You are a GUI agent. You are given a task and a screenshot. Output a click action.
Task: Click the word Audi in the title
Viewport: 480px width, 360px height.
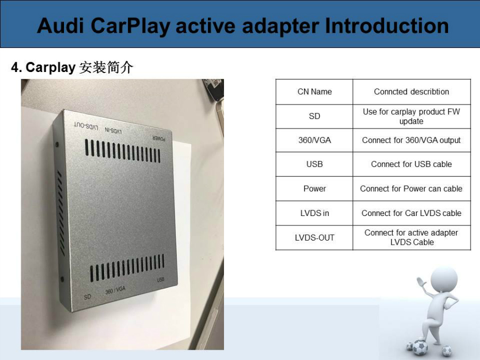pyautogui.click(x=60, y=26)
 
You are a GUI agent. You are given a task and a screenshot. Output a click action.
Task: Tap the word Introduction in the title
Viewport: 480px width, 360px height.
pyautogui.click(x=387, y=26)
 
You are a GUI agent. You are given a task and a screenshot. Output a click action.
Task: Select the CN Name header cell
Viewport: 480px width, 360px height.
pyautogui.click(x=314, y=92)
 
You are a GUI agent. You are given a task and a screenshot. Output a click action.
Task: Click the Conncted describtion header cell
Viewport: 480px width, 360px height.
pyautogui.click(x=411, y=92)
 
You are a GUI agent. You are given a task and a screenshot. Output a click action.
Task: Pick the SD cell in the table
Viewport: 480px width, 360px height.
pyautogui.click(x=314, y=116)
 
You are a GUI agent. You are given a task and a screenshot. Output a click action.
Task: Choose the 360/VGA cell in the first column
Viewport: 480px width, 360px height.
pyautogui.click(x=314, y=140)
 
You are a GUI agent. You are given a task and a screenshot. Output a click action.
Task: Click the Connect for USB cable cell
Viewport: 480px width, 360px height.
pyautogui.click(x=411, y=164)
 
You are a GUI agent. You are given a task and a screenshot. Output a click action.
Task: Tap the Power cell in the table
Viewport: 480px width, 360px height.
pyautogui.click(x=314, y=189)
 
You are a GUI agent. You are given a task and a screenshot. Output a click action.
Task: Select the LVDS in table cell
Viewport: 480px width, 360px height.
pyautogui.click(x=314, y=213)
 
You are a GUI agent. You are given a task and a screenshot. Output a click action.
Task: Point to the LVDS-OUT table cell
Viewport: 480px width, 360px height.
pyautogui.click(x=314, y=237)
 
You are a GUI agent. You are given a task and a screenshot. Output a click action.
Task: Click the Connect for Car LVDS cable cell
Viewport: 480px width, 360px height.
pyautogui.click(x=411, y=213)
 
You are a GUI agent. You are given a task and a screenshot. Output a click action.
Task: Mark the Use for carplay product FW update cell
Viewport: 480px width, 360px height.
pyautogui.click(x=411, y=116)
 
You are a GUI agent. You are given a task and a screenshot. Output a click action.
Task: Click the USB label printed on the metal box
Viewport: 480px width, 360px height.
pyautogui.click(x=161, y=279)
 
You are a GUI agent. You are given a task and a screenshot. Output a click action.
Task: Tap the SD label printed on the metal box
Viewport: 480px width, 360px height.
pyautogui.click(x=87, y=297)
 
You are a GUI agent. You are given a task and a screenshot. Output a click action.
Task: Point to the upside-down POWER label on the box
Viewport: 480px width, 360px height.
pyautogui.click(x=159, y=138)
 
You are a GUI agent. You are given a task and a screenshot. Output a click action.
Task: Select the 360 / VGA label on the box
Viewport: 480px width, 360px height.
pyautogui.click(x=115, y=290)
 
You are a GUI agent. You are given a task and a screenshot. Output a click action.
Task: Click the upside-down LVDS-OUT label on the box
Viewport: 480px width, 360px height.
pyautogui.click(x=86, y=126)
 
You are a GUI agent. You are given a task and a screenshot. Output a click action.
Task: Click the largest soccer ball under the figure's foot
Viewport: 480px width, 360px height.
pyautogui.click(x=420, y=347)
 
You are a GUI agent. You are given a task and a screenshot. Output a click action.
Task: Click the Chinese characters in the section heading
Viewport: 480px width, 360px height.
pyautogui.click(x=106, y=67)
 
